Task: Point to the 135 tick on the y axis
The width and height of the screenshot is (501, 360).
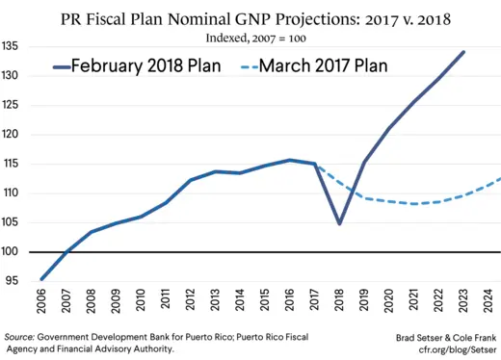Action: pyautogui.click(x=13, y=46)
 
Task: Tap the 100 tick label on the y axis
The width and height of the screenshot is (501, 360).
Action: pyautogui.click(x=13, y=252)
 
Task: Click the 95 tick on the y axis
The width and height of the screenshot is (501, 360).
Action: pyautogui.click(x=13, y=281)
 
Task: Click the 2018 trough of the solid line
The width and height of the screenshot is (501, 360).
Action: pyautogui.click(x=339, y=223)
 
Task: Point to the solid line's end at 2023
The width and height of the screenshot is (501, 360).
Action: pyautogui.click(x=463, y=52)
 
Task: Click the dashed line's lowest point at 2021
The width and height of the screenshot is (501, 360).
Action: pyautogui.click(x=413, y=204)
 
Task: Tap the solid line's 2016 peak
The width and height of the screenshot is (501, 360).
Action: pyautogui.click(x=289, y=160)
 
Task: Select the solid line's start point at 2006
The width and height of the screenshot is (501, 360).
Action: pyautogui.click(x=41, y=279)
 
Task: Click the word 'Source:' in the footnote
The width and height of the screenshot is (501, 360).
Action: pyautogui.click(x=22, y=337)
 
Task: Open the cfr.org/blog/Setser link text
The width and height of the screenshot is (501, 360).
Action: pyautogui.click(x=447, y=349)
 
